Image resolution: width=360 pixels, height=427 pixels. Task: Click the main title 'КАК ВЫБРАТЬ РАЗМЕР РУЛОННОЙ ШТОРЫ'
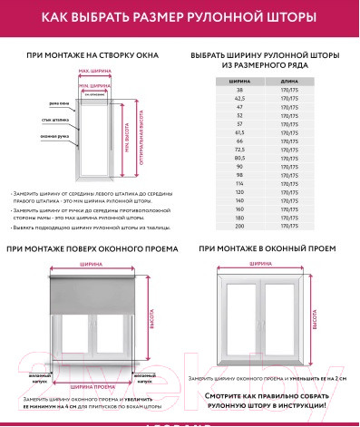(180, 16)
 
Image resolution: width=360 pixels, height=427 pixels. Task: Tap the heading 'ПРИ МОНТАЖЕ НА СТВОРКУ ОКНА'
(92, 55)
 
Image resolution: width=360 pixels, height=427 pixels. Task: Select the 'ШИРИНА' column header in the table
(240, 82)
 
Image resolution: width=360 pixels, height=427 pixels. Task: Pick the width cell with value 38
(240, 91)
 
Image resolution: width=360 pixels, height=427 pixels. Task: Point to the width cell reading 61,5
(240, 133)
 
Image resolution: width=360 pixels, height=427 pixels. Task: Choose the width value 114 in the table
(240, 184)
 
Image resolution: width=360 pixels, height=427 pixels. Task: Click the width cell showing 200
(240, 227)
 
